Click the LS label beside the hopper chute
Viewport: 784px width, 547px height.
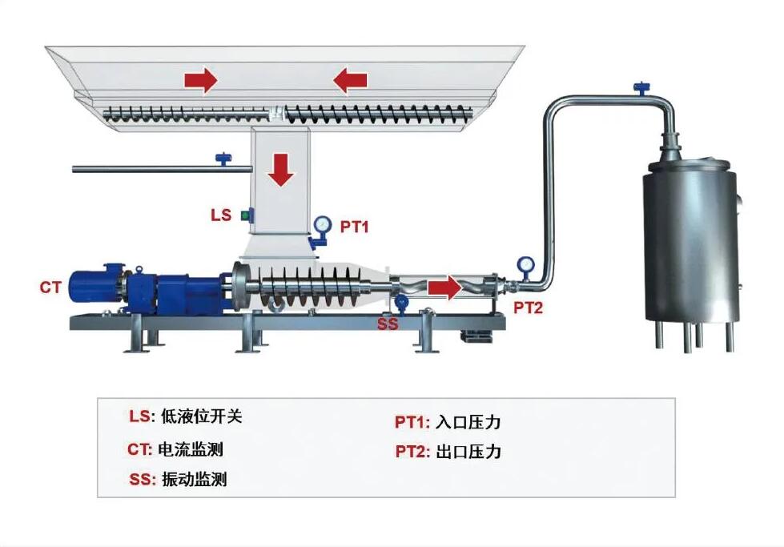tap(220, 215)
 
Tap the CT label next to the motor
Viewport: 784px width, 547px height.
tap(50, 286)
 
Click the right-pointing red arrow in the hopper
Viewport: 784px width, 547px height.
tap(200, 79)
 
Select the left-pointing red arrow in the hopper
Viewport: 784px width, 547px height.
tap(351, 79)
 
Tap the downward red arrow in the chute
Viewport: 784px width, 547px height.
tap(281, 170)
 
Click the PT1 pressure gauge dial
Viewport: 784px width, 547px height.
tap(322, 223)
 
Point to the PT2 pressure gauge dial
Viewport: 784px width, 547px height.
tap(526, 264)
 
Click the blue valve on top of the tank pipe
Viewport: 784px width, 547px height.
tap(641, 87)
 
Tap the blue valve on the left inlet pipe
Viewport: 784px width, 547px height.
tap(222, 159)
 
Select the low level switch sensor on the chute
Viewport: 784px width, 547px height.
tap(246, 215)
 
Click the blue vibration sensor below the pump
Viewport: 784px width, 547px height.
tap(402, 303)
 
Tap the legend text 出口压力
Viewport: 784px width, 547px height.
tap(468, 452)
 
